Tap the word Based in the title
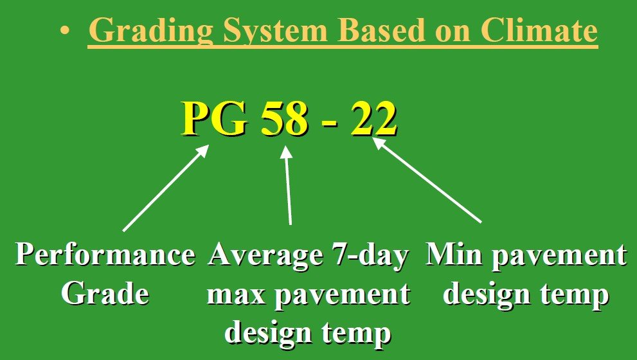pos(381,30)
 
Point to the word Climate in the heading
pos(539,30)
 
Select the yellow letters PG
pos(215,118)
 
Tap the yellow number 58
pos(284,118)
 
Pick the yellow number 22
pos(373,118)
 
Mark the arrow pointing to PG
pos(166,188)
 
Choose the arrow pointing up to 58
pos(288,185)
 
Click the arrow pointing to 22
pos(427,180)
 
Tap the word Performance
pos(105,255)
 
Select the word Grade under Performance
pos(105,293)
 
